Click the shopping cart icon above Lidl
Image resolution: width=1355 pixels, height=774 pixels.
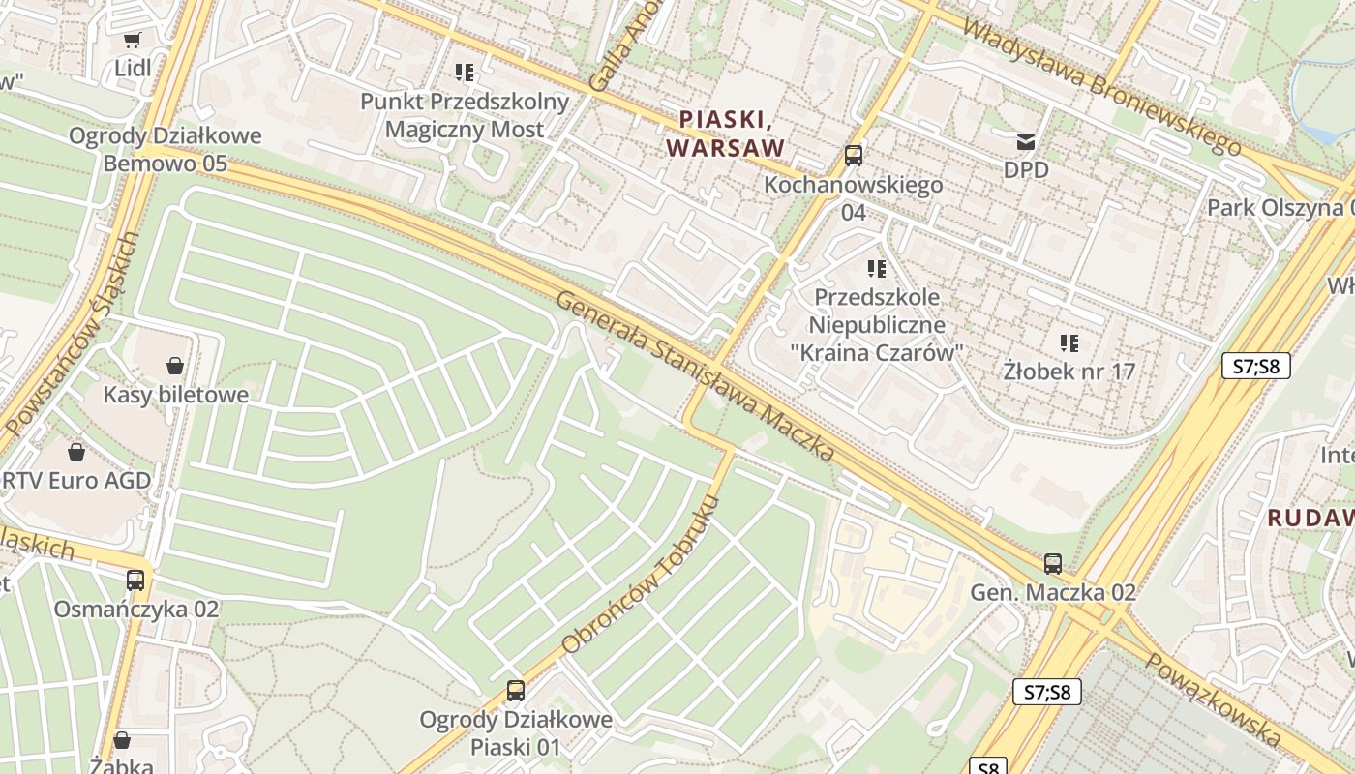click(132, 40)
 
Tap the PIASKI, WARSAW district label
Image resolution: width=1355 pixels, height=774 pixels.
click(726, 134)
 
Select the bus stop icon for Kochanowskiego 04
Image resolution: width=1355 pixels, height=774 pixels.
click(853, 155)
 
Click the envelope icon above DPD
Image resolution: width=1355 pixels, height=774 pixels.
click(1025, 143)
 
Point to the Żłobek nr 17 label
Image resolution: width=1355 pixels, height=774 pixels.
click(1069, 371)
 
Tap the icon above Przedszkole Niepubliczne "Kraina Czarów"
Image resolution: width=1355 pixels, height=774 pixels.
click(877, 268)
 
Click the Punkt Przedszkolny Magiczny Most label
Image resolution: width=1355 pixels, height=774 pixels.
click(465, 115)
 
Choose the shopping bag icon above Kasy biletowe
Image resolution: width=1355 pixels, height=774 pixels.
click(175, 366)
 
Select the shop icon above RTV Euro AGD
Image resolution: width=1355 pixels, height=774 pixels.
click(75, 452)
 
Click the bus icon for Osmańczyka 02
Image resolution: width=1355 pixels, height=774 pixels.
click(135, 580)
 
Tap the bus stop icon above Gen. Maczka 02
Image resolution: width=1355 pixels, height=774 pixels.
click(1053, 563)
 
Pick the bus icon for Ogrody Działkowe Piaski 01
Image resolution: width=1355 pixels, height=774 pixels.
click(516, 691)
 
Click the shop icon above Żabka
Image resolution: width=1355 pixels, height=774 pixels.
click(122, 740)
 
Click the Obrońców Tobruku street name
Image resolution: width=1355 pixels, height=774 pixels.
click(641, 575)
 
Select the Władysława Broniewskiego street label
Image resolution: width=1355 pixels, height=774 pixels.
click(1102, 85)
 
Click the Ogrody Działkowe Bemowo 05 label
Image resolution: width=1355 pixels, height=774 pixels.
click(165, 149)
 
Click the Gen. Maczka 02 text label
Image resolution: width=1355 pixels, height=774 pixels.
click(1053, 592)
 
